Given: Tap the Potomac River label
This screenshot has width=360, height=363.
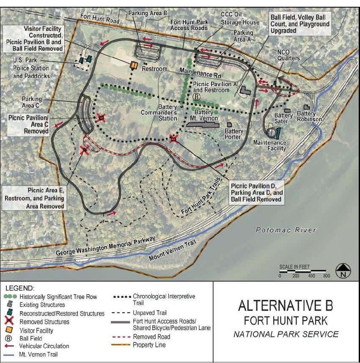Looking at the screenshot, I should [286, 230].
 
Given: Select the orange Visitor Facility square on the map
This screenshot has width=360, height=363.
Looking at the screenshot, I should [134, 65].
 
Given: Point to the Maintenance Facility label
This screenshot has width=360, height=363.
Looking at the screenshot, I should [270, 146].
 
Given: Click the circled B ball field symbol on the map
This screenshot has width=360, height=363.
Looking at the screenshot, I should [196, 97].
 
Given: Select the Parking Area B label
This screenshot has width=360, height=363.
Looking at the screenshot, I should [147, 14].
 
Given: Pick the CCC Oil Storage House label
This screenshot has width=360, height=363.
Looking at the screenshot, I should [234, 17].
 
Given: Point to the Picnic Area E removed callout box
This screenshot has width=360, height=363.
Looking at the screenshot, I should [34, 198].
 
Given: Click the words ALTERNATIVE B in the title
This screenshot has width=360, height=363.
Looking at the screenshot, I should [286, 306].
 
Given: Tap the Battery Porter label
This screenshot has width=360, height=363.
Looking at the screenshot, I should [234, 134].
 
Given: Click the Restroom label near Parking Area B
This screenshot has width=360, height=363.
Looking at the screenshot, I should [155, 68].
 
